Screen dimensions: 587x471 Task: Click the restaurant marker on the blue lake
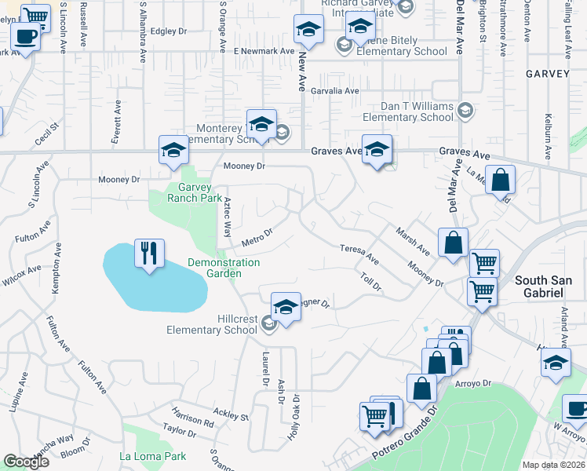[149, 254]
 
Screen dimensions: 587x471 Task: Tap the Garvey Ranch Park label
[195, 192]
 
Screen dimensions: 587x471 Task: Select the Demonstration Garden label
[223, 268]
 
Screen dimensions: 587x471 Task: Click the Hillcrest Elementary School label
[212, 324]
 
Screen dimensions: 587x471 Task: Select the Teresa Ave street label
[359, 254]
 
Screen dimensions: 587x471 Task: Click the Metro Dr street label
[257, 235]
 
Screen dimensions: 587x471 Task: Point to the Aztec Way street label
[228, 217]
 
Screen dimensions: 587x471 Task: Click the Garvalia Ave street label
[334, 91]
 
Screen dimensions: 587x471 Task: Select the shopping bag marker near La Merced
[500, 180]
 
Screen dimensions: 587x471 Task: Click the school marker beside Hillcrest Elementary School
[286, 307]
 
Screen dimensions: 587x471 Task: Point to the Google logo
[26, 462]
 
